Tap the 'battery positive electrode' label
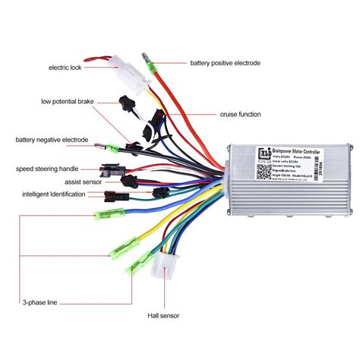[225, 62]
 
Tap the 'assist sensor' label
[74, 182]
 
